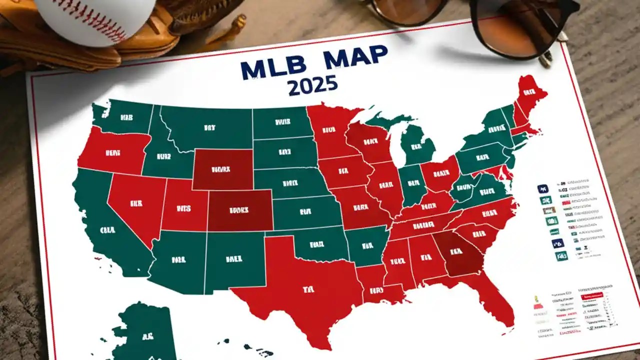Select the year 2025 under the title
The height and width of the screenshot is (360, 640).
point(312,85)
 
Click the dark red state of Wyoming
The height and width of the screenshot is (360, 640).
point(222,169)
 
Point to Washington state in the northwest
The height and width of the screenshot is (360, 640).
point(125,117)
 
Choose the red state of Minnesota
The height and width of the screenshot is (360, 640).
point(328,130)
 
